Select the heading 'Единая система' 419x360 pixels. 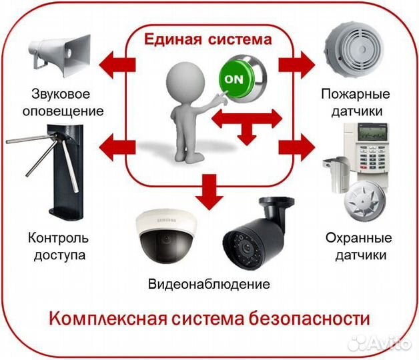[209, 39]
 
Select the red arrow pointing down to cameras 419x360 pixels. [209, 189]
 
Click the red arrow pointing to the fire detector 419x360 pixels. [296, 63]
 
